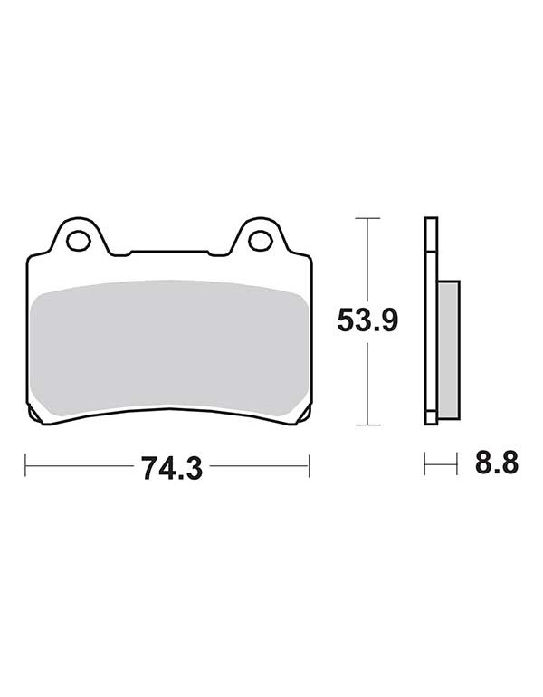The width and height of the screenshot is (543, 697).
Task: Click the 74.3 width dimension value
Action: tap(172, 468)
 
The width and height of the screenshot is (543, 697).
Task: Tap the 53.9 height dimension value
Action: tap(367, 320)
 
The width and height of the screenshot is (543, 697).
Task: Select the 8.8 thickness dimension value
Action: tap(497, 463)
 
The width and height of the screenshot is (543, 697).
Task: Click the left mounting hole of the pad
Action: tap(78, 241)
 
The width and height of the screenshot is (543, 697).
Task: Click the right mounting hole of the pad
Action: tap(261, 241)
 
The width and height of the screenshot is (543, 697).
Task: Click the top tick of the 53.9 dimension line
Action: tap(367, 218)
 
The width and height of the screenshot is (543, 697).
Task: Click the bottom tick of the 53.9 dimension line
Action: tap(367, 425)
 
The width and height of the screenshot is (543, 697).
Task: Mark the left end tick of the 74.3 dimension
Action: tap(25, 465)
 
